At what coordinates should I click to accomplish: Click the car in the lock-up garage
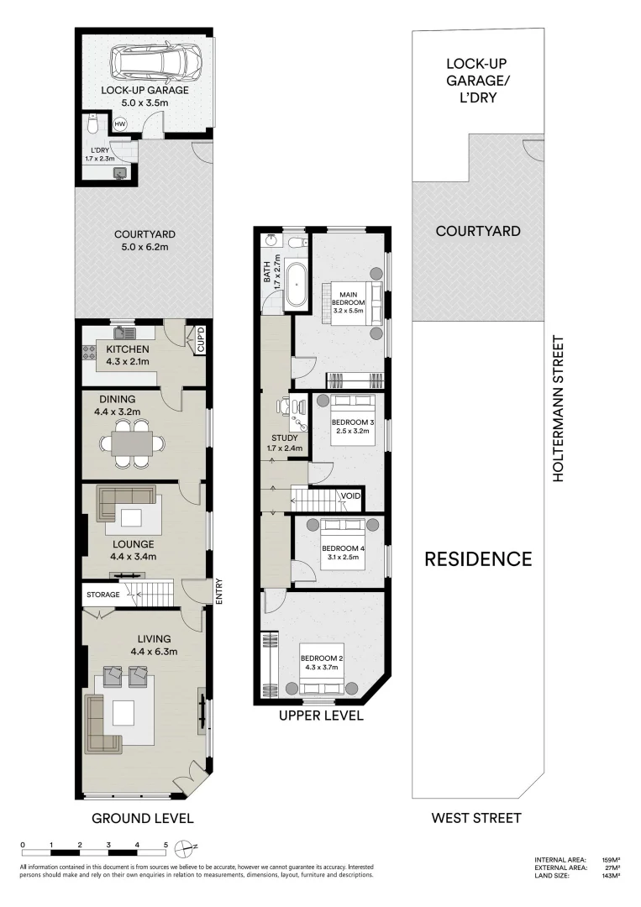(x=158, y=60)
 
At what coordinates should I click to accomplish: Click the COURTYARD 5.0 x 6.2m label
(x=141, y=241)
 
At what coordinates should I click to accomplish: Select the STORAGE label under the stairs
(x=102, y=595)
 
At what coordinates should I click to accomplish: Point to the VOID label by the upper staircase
(x=350, y=496)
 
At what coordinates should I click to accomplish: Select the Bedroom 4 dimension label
(x=340, y=558)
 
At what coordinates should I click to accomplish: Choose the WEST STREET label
(x=475, y=817)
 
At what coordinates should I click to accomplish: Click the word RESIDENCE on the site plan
(x=477, y=558)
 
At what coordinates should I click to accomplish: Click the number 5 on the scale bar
(x=166, y=845)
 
